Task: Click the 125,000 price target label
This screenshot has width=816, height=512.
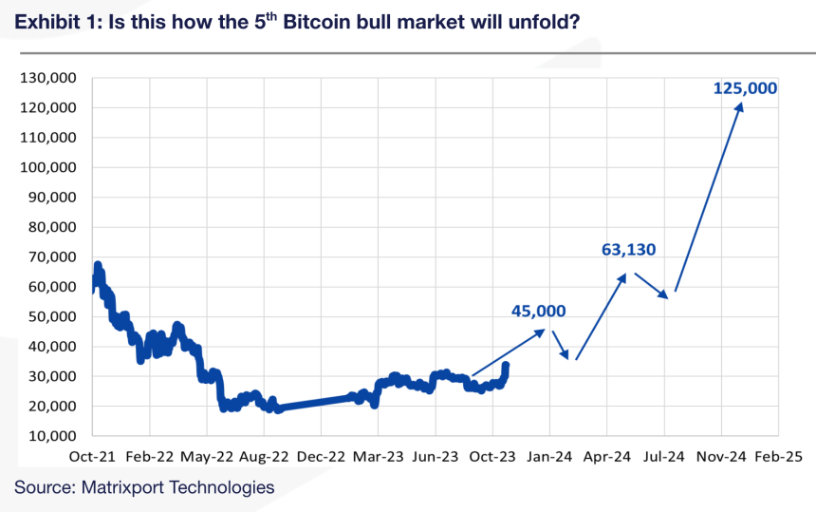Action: click(745, 88)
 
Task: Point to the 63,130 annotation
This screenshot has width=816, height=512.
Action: click(629, 250)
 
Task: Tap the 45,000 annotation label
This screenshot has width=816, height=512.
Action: click(538, 311)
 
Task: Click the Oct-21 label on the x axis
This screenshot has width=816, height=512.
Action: click(93, 456)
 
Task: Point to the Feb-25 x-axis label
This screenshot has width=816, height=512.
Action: click(778, 456)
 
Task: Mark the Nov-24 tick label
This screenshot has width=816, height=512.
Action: click(721, 456)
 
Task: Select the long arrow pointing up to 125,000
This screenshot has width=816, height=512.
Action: click(708, 198)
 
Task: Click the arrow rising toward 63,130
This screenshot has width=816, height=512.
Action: click(601, 316)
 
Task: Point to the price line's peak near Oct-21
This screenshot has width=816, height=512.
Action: click(97, 265)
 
